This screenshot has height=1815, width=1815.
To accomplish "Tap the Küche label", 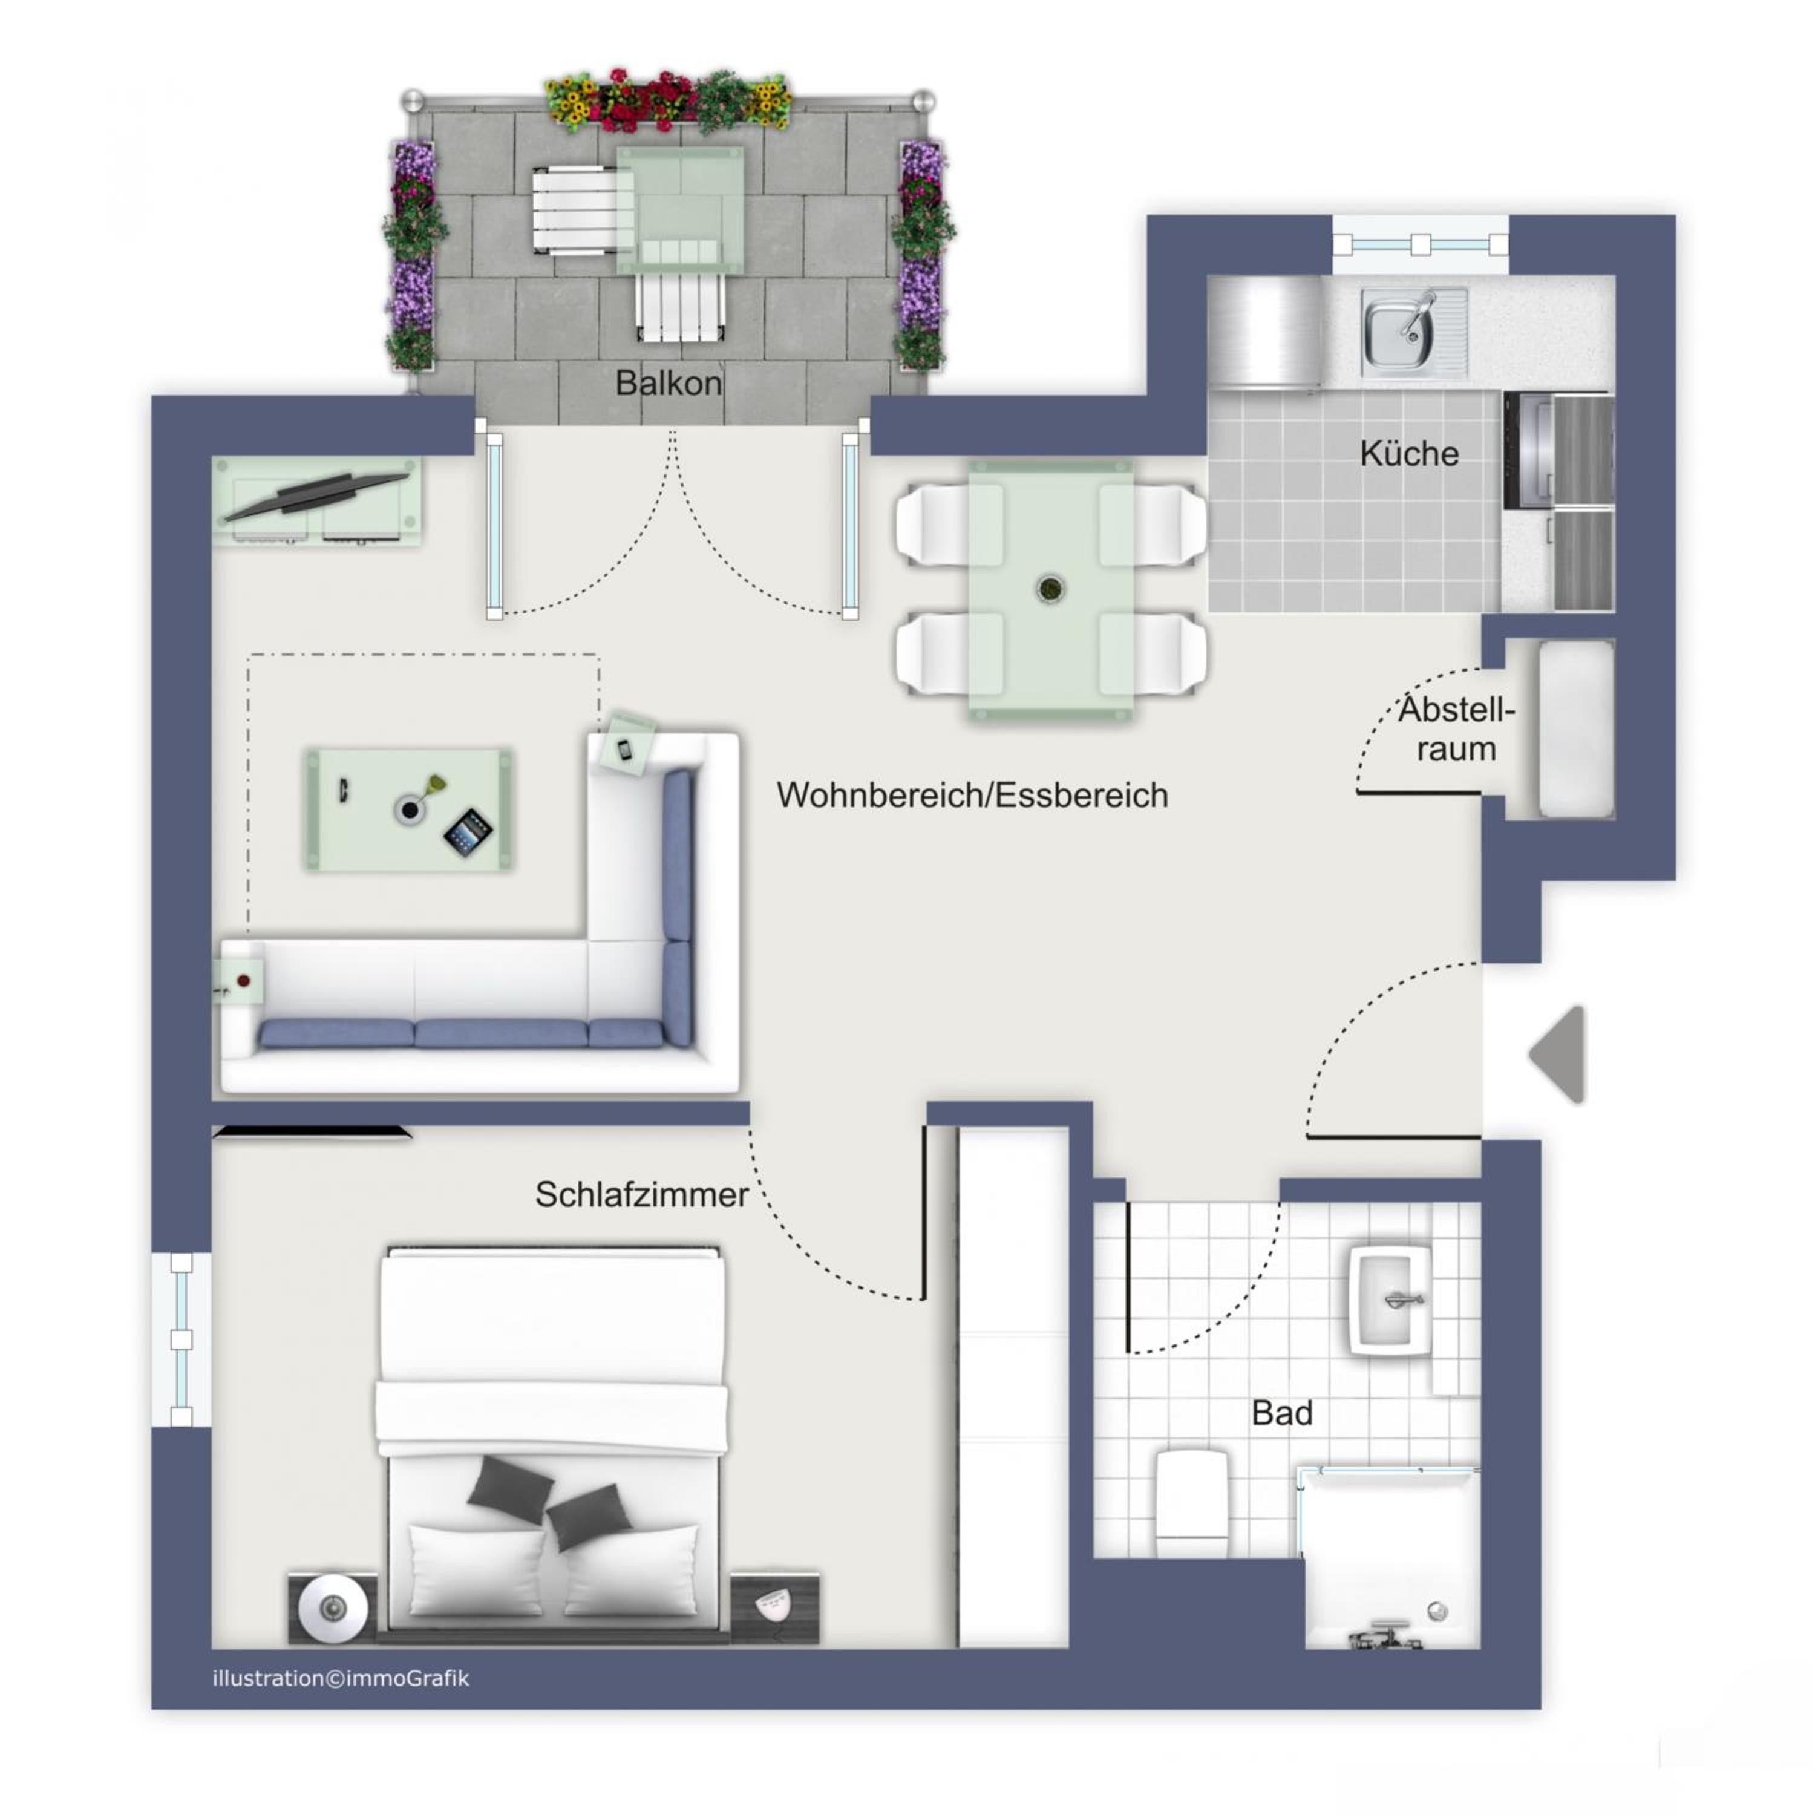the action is coord(1408,454).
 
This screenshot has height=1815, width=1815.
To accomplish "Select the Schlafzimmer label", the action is coord(642,1194).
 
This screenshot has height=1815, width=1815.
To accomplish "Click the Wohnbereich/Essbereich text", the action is coord(972,796).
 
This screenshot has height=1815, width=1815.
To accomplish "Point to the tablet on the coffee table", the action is coord(468,833).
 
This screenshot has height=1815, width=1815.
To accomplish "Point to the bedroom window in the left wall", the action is coord(181,1339).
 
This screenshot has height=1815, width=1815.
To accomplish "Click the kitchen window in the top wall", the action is coord(1421,245).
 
